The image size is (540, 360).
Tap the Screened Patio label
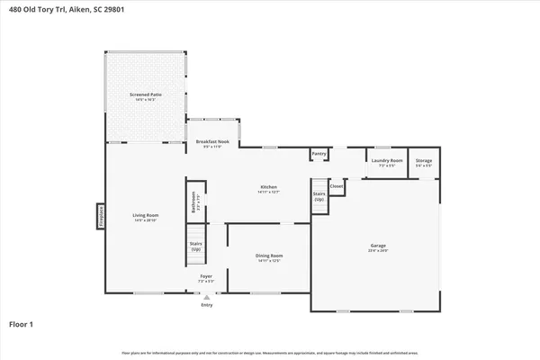(x=145, y=95)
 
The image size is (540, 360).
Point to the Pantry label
(x=319, y=154)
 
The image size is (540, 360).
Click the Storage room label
(x=423, y=162)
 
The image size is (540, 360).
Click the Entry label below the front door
(x=207, y=304)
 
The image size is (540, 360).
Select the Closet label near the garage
(x=337, y=186)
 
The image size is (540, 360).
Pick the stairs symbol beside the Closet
(x=319, y=202)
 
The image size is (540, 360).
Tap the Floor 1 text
(x=22, y=322)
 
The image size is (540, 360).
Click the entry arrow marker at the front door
(x=207, y=297)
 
